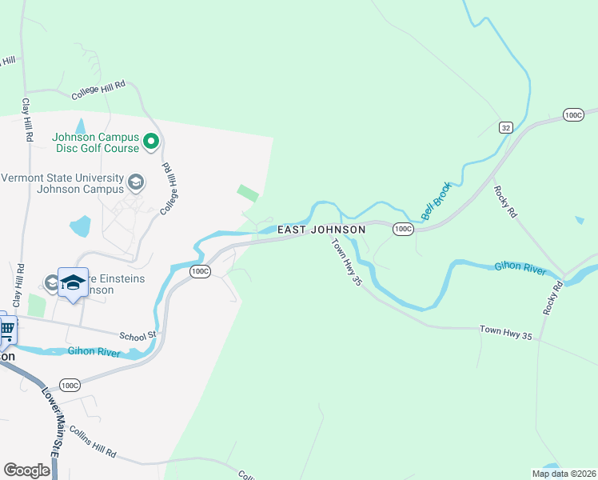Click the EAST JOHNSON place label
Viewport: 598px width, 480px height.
[321, 230]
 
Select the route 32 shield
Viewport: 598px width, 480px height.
[505, 127]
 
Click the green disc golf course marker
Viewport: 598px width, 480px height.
[152, 143]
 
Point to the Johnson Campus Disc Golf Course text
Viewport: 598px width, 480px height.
[96, 142]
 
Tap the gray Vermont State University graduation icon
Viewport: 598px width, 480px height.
[136, 183]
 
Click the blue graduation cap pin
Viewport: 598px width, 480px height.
[73, 283]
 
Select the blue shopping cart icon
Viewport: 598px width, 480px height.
[7, 327]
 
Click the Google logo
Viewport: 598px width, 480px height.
[27, 470]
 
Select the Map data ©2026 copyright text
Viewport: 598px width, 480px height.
[563, 474]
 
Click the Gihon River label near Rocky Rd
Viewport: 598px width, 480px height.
[520, 268]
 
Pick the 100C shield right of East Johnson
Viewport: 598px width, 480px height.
[404, 230]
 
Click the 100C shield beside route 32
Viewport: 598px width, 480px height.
[573, 115]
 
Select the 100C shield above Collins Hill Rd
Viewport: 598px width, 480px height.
[70, 386]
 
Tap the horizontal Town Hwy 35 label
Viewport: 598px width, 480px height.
[505, 329]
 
